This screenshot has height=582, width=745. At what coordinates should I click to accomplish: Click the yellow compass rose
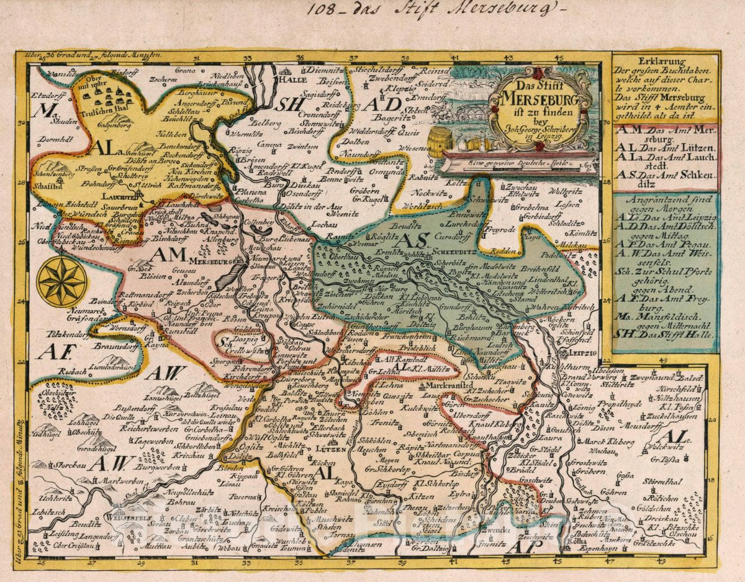tap(61, 282)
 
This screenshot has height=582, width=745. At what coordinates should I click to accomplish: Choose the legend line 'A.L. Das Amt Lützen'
tap(664, 148)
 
